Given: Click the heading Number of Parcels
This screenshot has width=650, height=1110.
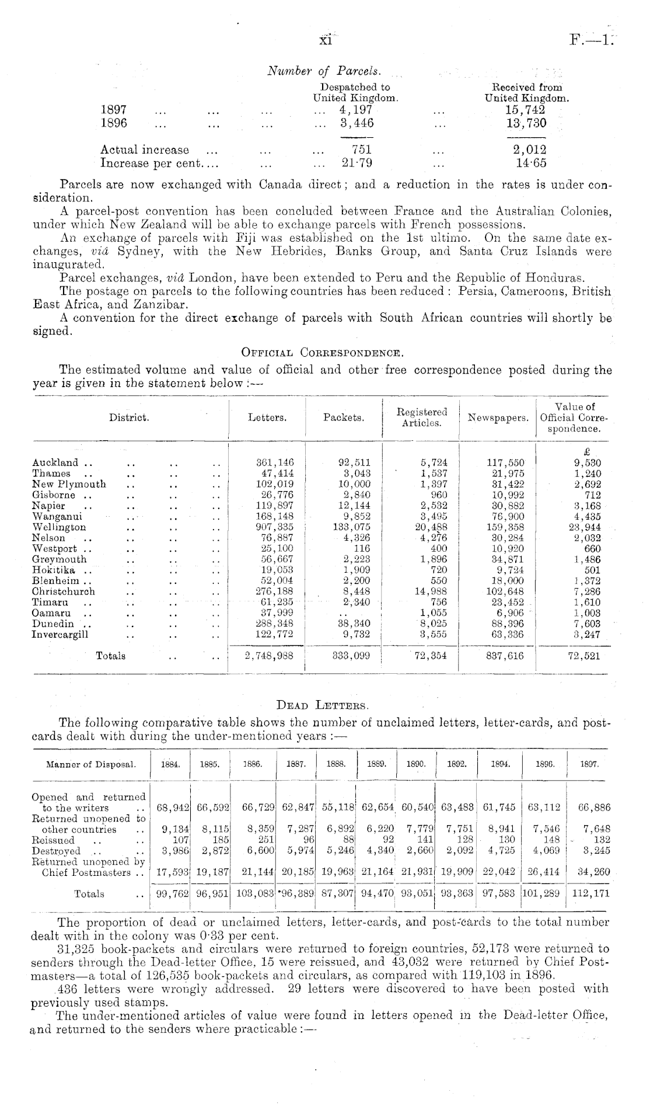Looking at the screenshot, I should [324, 71].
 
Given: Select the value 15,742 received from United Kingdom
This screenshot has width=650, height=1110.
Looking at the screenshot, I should [526, 110].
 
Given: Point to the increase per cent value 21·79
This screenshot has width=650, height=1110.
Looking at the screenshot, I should [357, 162].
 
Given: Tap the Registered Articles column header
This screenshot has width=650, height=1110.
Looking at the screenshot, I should [421, 417].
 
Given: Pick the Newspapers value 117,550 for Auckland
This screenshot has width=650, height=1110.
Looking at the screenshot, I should [505, 462].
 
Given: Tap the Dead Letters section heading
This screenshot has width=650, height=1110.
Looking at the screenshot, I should [321, 707].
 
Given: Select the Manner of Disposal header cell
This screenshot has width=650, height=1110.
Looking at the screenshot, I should [91, 764].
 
